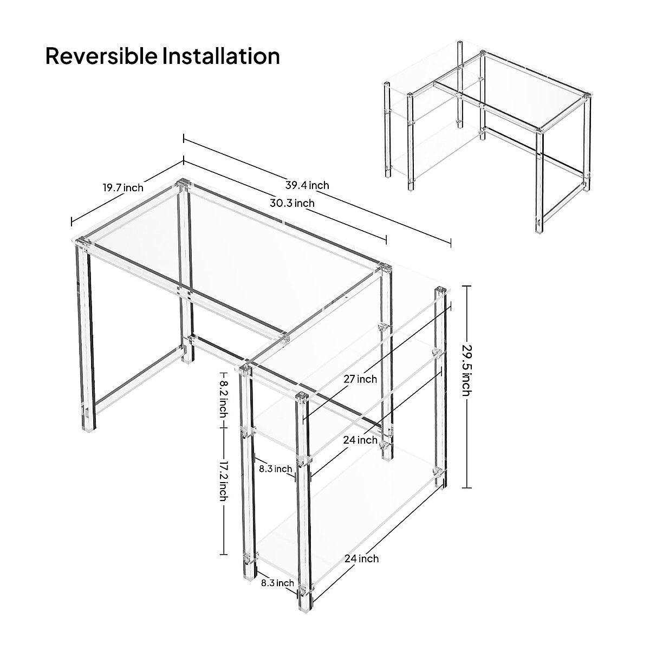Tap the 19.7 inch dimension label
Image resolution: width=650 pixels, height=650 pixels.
[x=123, y=188]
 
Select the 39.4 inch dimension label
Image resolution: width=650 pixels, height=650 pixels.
[x=307, y=185]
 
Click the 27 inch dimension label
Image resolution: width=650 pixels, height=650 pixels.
[x=360, y=379]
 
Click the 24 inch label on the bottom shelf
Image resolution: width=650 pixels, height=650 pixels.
[x=361, y=558]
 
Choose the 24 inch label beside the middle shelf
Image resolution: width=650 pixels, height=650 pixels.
[x=360, y=440]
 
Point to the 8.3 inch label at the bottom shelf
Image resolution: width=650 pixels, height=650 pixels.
[x=277, y=583]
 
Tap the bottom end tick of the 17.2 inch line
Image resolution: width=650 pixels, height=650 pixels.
[x=223, y=554]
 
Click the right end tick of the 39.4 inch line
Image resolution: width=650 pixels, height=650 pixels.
[x=451, y=243]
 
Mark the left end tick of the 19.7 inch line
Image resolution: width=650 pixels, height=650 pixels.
[x=71, y=222]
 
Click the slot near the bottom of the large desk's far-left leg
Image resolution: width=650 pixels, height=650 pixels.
[x=87, y=413]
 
